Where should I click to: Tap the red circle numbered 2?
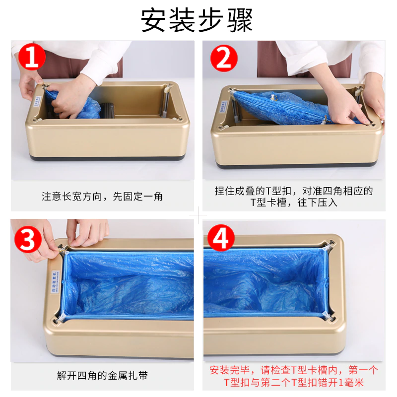click(223, 59)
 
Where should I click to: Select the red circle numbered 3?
click(27, 239)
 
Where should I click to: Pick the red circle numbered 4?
click(220, 237)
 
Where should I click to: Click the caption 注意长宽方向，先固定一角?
click(102, 197)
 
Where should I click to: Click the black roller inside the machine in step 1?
click(109, 110)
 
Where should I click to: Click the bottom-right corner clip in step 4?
click(328, 315)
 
